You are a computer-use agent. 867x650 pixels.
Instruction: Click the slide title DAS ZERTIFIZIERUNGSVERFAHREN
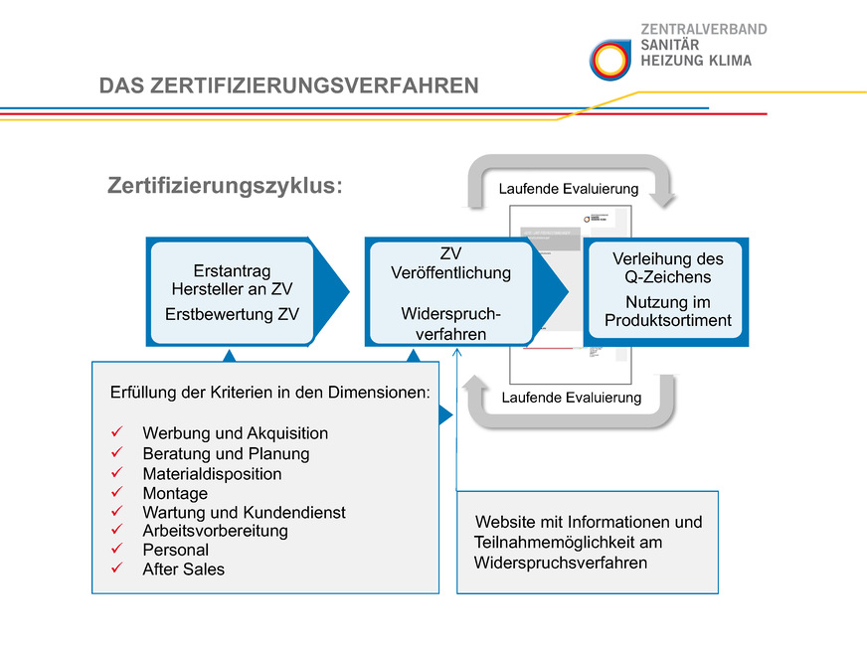[x=288, y=86]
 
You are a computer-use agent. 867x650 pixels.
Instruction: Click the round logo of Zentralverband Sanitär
[x=608, y=60]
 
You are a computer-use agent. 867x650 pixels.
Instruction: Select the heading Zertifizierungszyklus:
[x=225, y=187]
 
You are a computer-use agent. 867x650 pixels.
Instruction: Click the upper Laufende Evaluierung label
[x=568, y=189]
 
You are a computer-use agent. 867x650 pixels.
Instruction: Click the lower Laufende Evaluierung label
[x=571, y=398]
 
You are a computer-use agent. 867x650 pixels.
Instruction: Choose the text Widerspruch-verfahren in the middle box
[x=450, y=323]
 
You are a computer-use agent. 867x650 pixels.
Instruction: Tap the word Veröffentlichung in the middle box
[x=450, y=272]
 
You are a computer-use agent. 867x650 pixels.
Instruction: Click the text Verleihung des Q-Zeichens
[x=667, y=267]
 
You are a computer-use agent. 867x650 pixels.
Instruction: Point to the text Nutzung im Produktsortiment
[x=667, y=311]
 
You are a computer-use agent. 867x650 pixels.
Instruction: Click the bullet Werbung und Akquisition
[x=235, y=433]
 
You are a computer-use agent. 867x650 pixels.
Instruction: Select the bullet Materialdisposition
[x=212, y=474]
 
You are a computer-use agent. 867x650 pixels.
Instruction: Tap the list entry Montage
[x=175, y=493]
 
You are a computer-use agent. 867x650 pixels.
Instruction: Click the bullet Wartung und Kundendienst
[x=244, y=513]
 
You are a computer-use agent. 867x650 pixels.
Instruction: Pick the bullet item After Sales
[x=183, y=569]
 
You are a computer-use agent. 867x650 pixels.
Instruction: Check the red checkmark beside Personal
[x=117, y=550]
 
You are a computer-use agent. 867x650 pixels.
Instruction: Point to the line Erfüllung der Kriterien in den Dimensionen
[x=269, y=393]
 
